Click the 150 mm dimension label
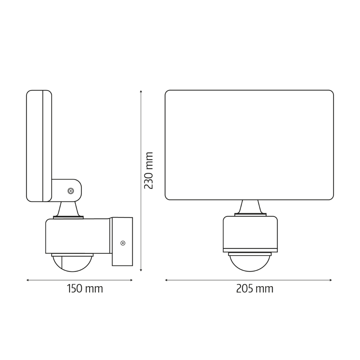[x=85, y=289]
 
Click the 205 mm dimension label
[x=255, y=289]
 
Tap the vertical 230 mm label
[x=149, y=171]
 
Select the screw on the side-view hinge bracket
[x=71, y=191]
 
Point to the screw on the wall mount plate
[x=123, y=243]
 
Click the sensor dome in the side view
[x=72, y=263]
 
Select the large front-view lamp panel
[x=249, y=145]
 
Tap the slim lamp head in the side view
[x=39, y=146]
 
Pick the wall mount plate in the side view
[x=122, y=241]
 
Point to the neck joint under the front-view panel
[x=250, y=207]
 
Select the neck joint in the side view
[x=68, y=210]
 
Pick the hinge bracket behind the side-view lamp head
[x=67, y=190]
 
